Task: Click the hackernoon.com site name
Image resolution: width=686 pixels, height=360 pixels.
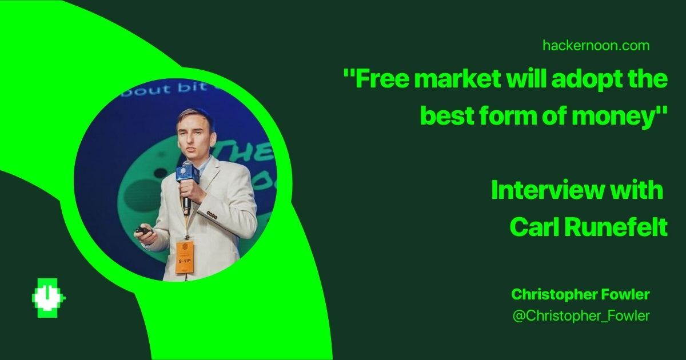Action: [x=596, y=46]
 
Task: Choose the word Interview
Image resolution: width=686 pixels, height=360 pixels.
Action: [x=547, y=190]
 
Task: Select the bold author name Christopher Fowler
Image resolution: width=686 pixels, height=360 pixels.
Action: [x=581, y=294]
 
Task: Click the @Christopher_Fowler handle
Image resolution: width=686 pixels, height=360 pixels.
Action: [x=581, y=316]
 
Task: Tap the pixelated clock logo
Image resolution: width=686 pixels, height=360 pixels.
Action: [x=49, y=298]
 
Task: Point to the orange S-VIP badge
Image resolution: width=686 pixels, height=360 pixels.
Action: [x=185, y=257]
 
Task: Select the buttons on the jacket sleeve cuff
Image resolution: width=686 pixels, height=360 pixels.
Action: [x=212, y=215]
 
